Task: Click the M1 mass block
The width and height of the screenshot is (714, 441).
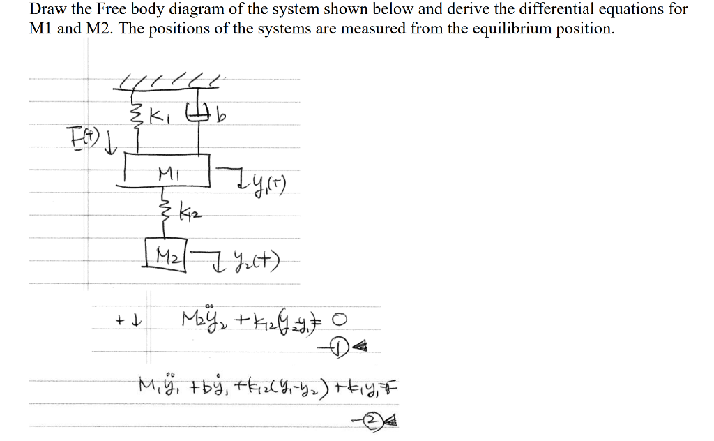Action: tap(167, 171)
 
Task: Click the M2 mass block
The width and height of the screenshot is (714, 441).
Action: tap(164, 251)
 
